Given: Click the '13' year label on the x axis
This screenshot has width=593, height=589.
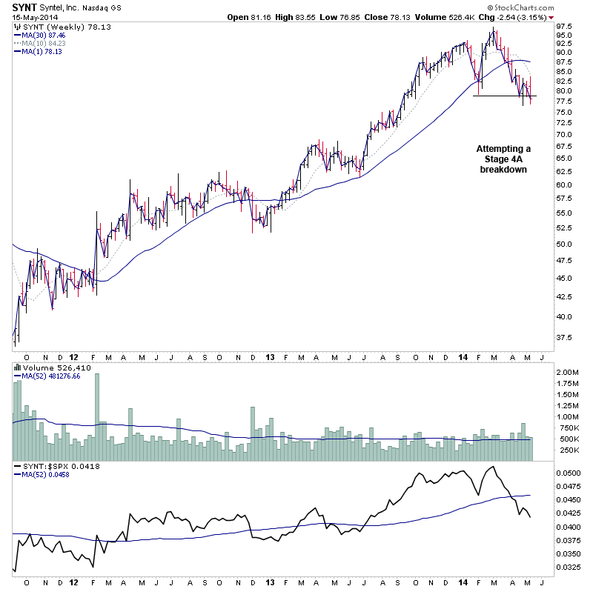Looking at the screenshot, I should coord(271,356).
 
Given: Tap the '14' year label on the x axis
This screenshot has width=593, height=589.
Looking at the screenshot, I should coord(461,356).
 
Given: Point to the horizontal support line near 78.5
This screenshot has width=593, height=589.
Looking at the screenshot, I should coord(504,96).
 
